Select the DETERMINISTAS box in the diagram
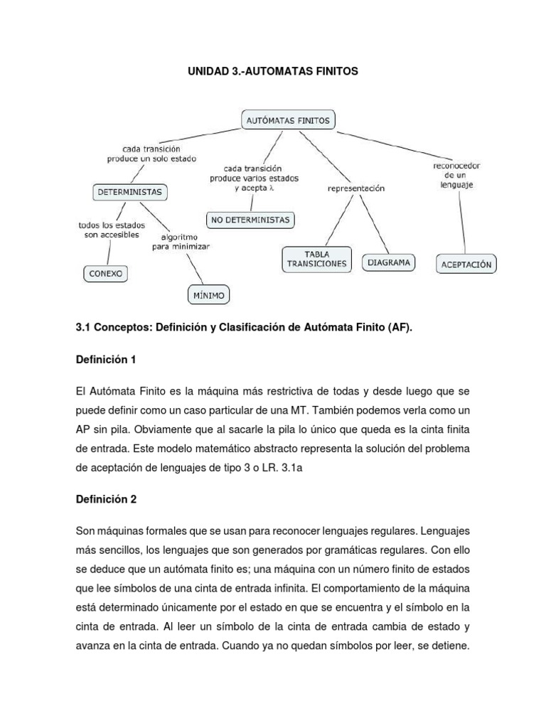129,191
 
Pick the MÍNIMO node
208,294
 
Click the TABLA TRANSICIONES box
316,258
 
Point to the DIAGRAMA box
389,262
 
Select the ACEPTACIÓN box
466,264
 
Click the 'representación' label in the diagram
355,188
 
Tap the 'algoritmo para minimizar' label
180,241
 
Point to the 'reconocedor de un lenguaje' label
457,175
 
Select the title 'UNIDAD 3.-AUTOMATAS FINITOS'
273,72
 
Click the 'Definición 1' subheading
105,360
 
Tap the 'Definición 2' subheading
105,499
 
